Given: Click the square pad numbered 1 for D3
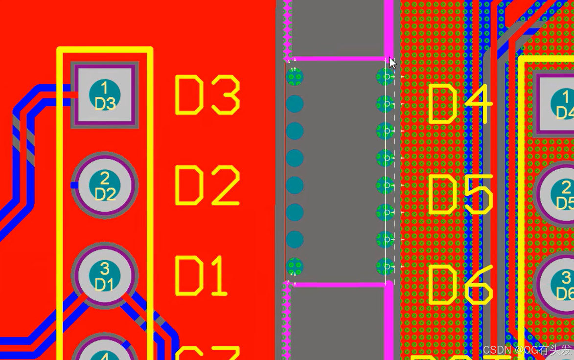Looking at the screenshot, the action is [104, 95].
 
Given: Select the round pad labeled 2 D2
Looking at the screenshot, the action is [104, 185].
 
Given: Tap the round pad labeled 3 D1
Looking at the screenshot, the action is [104, 275].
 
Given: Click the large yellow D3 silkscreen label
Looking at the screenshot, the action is [207, 95].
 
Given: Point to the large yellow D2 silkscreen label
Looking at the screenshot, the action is [207, 185].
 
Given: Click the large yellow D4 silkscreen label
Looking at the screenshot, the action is [460, 104].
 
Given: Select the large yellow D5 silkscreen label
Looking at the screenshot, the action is [460, 195].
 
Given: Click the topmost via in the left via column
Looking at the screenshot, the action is [295, 77].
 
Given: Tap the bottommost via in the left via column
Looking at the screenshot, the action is [295, 267].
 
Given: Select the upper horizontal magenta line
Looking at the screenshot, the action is [338, 59].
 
